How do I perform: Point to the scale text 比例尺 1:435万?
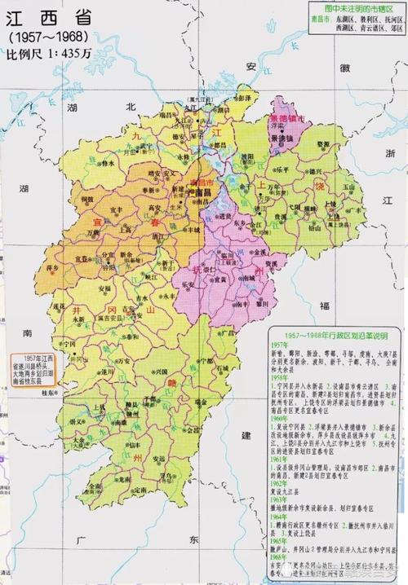tap(47, 55)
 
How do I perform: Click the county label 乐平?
tap(282, 169)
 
